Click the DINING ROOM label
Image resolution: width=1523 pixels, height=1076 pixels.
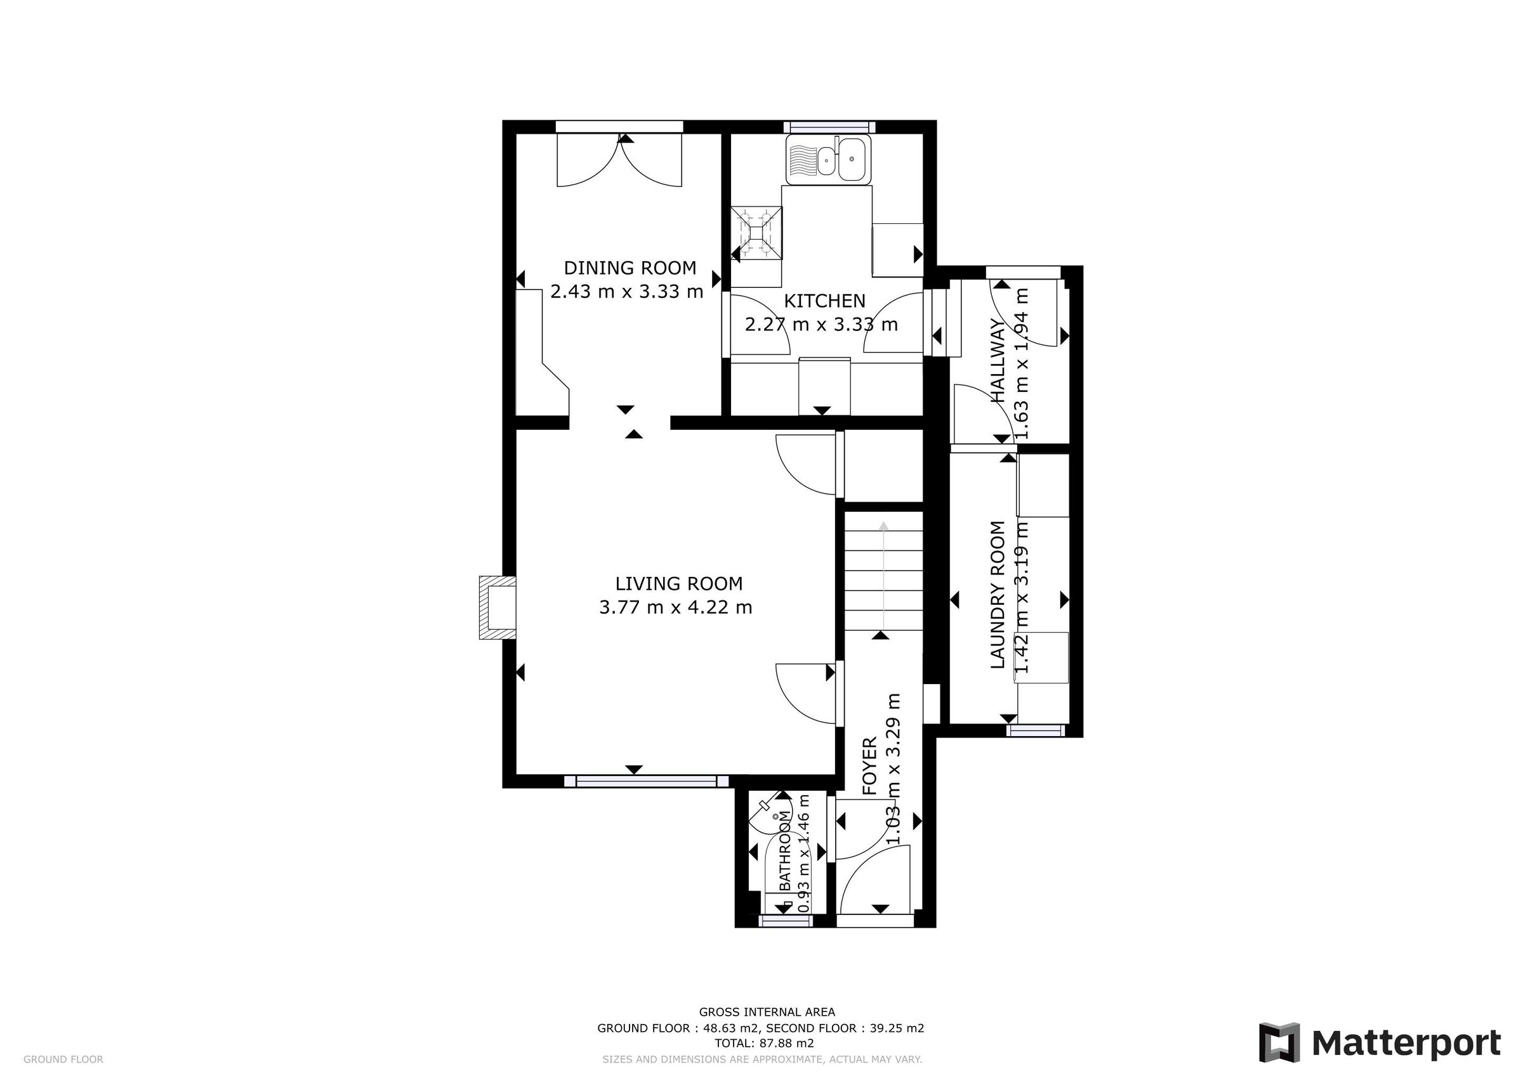(x=630, y=268)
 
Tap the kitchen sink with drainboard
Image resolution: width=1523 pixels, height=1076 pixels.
(x=827, y=160)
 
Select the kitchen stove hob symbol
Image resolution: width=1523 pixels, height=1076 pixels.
(x=756, y=233)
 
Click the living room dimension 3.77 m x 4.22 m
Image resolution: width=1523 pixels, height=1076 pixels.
(x=675, y=607)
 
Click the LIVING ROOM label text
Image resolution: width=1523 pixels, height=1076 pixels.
(x=678, y=584)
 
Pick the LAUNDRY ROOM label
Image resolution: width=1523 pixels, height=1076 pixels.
(x=998, y=595)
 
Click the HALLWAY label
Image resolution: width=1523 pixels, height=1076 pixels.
(x=998, y=361)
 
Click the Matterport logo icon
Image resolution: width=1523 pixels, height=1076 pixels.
(x=1279, y=1043)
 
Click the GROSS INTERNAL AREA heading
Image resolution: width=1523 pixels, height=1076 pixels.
(x=767, y=1012)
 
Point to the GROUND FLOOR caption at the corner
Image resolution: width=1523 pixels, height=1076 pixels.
(x=63, y=1060)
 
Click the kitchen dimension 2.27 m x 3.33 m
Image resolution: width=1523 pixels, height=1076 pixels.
(x=821, y=325)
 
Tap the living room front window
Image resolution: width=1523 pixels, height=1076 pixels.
(x=646, y=782)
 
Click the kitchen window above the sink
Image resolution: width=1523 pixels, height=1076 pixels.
(x=829, y=127)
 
